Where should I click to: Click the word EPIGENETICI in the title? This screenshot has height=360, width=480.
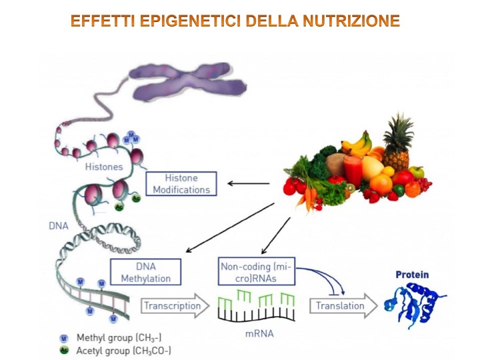click(189, 21)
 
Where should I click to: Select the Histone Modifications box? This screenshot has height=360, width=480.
click(181, 184)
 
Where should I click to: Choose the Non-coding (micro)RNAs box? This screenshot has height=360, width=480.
click(257, 272)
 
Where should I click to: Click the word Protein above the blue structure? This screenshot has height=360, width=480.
click(412, 275)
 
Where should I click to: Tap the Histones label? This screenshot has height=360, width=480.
click(104, 166)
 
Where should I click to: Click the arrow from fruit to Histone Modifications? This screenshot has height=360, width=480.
click(249, 183)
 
